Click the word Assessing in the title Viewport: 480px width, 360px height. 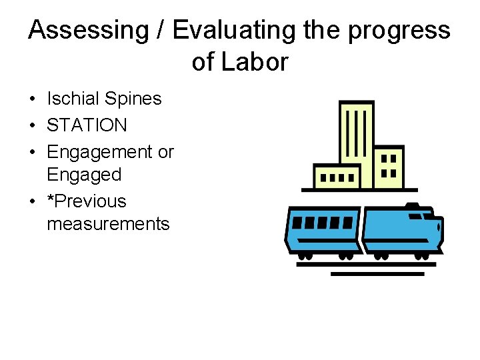[x=81, y=31]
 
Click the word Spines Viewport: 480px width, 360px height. [x=132, y=99]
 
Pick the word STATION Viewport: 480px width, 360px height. [x=87, y=125]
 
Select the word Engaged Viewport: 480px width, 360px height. [x=84, y=175]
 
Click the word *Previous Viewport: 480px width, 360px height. [x=86, y=201]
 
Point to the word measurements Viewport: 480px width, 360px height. [x=108, y=223]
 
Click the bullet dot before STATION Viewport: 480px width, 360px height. [x=32, y=125]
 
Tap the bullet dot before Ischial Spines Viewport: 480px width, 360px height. [x=32, y=99]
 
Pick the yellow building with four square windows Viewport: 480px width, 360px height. [x=389, y=166]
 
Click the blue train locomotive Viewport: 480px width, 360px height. [x=402, y=230]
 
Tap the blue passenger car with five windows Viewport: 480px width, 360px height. [x=322, y=229]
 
